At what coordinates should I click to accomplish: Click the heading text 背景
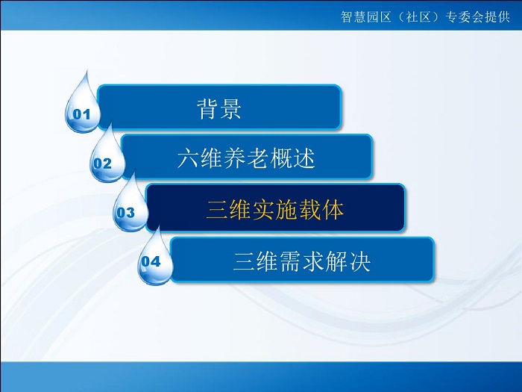click(x=218, y=109)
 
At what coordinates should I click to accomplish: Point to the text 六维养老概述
click(x=246, y=158)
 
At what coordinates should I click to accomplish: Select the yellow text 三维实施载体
click(x=274, y=210)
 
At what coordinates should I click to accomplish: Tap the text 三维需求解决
click(x=302, y=261)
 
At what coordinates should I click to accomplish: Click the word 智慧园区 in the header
click(x=366, y=16)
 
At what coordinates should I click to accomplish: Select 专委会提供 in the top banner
click(x=477, y=16)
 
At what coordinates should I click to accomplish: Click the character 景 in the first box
click(x=230, y=109)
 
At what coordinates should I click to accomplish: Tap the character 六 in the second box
click(x=188, y=158)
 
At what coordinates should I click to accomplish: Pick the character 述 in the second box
click(x=304, y=158)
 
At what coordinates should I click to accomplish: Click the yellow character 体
click(x=333, y=210)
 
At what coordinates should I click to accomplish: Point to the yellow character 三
click(x=217, y=210)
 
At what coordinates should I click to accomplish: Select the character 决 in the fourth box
click(x=360, y=261)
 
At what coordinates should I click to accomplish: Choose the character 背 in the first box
click(x=207, y=109)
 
